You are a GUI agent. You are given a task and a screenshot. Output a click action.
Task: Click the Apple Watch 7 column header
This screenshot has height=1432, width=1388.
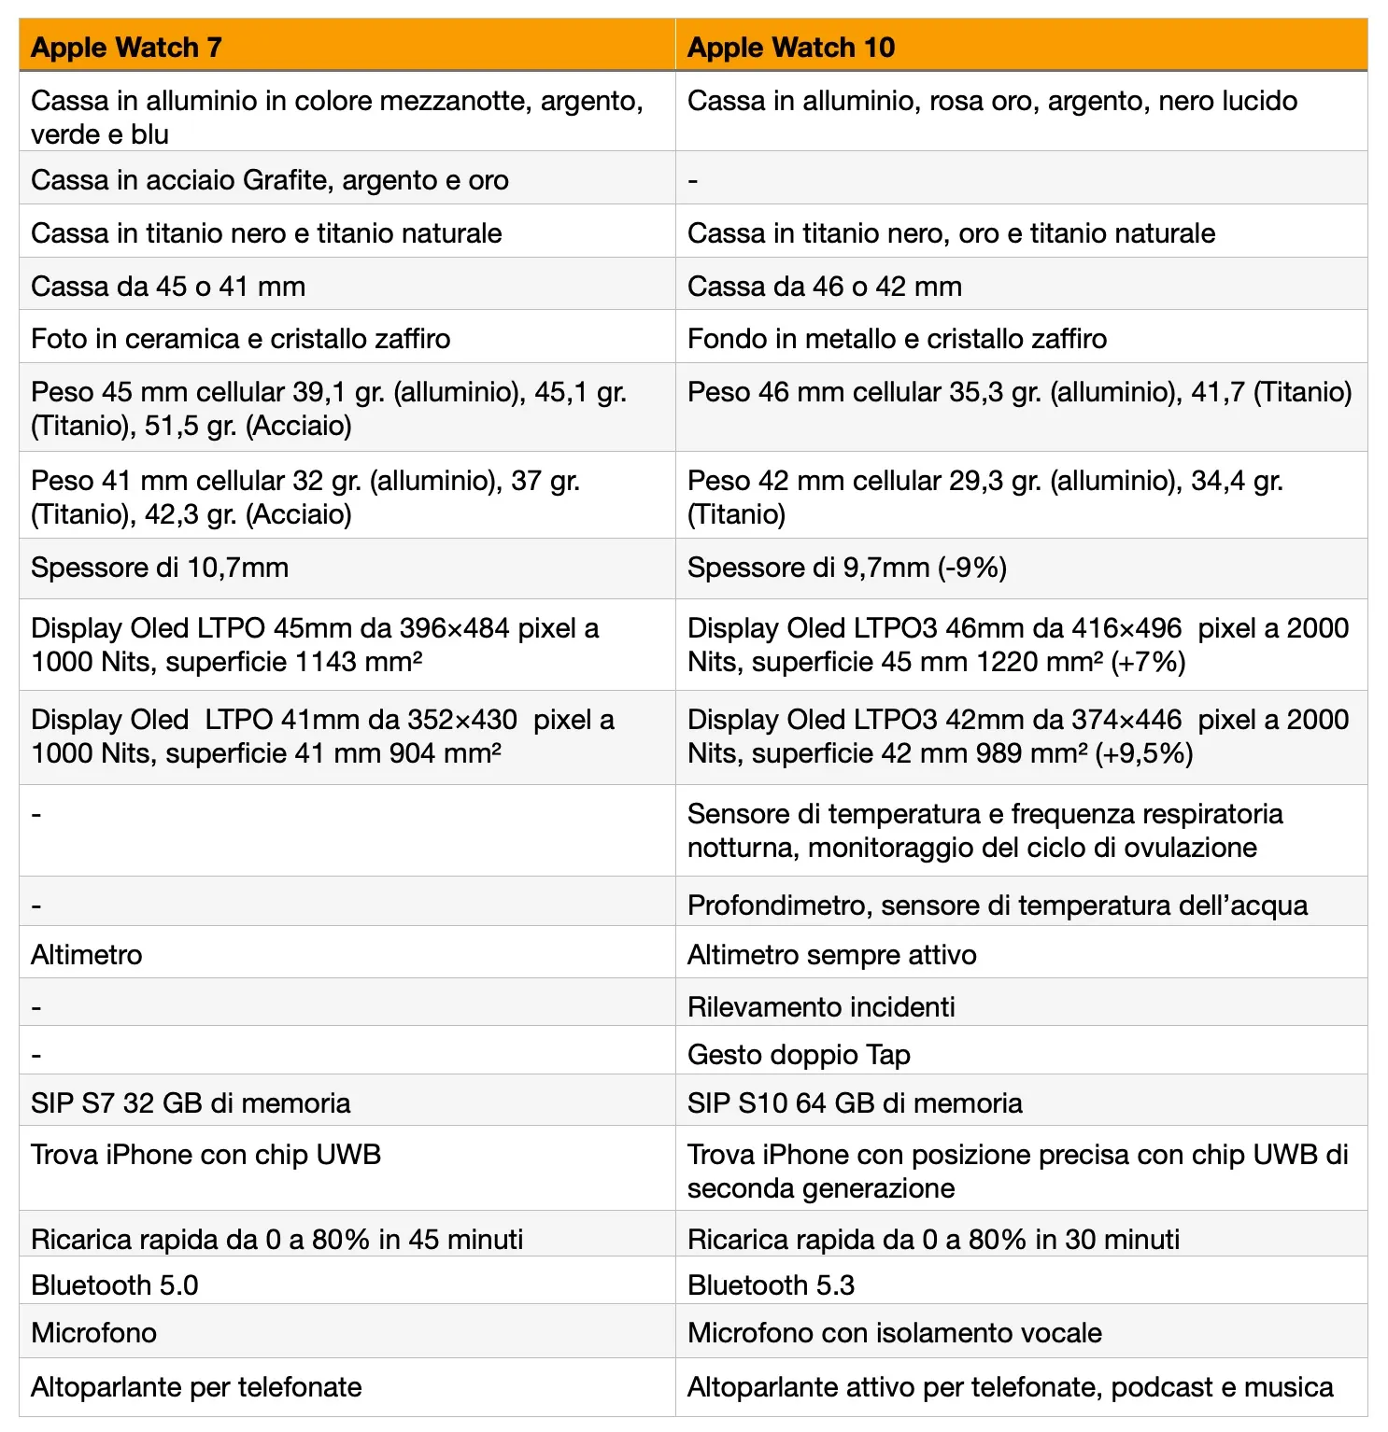point(127,47)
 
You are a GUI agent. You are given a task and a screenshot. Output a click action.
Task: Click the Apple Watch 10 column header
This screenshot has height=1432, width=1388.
point(791,47)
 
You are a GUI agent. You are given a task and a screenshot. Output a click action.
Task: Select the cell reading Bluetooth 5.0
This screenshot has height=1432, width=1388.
point(115,1285)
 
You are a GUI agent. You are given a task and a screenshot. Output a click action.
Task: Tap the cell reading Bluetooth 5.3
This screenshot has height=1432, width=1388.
point(772,1285)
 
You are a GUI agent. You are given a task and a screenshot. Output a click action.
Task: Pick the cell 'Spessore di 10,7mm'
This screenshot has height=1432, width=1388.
point(160,568)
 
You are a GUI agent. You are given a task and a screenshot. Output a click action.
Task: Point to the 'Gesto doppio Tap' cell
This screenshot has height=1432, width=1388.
point(799,1054)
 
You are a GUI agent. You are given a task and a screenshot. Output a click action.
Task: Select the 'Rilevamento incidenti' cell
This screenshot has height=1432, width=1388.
point(821,1006)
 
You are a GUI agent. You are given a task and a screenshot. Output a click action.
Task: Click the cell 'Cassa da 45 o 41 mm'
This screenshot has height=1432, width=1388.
point(168,286)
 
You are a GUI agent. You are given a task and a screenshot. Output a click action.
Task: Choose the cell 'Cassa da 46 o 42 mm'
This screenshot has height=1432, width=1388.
point(825,286)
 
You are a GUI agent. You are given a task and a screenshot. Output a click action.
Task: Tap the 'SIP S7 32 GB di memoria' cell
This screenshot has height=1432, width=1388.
point(191,1102)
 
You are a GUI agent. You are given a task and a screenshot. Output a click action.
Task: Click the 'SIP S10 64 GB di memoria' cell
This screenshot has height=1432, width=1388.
point(855,1102)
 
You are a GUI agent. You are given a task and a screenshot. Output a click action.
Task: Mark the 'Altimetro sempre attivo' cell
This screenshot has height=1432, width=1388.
point(832,954)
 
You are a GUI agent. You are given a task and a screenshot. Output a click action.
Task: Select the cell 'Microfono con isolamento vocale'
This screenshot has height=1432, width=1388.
point(895,1332)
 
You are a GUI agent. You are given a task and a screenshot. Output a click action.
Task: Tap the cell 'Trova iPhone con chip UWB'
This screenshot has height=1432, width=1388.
point(206,1155)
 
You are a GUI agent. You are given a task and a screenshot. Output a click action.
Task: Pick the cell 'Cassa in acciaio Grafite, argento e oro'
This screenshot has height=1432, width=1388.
point(270,179)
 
